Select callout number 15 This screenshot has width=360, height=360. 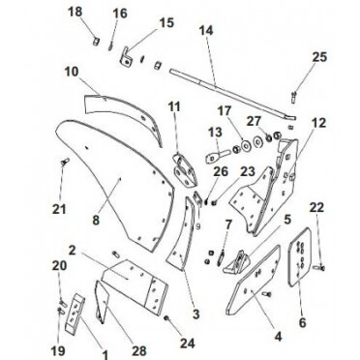click(x=165, y=22)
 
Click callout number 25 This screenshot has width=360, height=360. click(x=317, y=60)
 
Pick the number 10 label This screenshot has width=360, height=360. click(x=71, y=72)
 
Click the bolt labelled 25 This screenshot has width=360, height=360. click(x=291, y=94)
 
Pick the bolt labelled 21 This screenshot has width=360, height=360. click(x=64, y=163)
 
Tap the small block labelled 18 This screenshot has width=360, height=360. click(x=96, y=41)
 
